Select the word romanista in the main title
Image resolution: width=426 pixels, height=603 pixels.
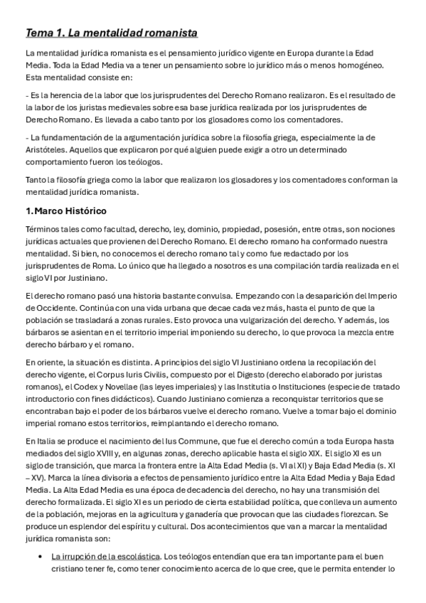coord(168,33)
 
